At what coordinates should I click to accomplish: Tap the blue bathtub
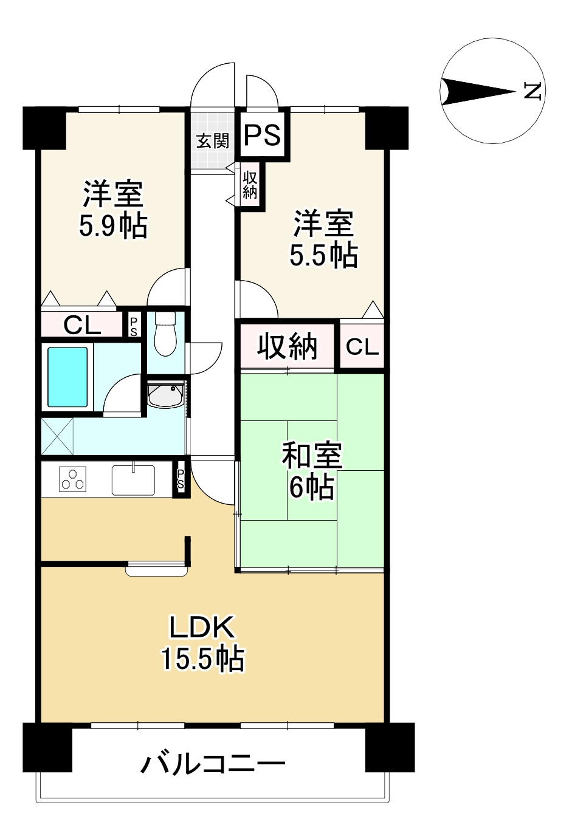coord(67,377)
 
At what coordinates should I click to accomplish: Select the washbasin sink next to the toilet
coord(165,394)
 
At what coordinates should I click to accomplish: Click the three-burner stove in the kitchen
coord(73,479)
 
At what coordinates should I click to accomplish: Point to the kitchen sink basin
coord(133,480)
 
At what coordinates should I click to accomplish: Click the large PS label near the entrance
coord(262,135)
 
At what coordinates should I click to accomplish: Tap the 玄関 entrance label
coord(213,141)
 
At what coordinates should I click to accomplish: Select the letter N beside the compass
coord(532,91)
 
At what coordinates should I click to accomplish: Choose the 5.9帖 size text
coord(113,226)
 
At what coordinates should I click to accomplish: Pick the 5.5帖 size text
coord(323,255)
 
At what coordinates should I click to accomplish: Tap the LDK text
coord(202,626)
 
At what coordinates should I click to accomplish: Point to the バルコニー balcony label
coord(213,764)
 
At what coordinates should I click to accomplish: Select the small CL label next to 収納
coord(362,347)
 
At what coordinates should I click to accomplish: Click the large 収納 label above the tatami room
coord(287,346)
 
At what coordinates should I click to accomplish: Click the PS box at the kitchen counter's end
coord(181,479)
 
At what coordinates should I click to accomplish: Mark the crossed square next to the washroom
coord(57,436)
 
